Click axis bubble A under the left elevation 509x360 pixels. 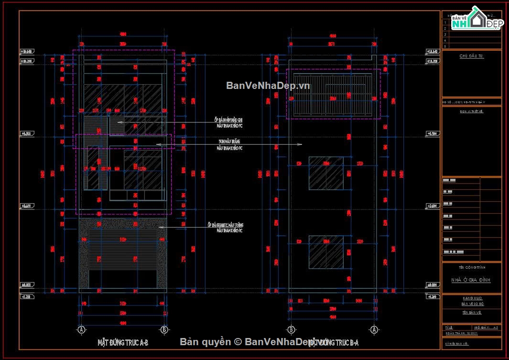[81, 329]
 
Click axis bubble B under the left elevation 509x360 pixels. [164, 329]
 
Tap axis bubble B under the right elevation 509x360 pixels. [291, 329]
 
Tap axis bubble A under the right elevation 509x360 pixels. [374, 329]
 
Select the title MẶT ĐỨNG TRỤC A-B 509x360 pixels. [123, 342]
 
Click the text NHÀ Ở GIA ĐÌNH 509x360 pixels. [471, 280]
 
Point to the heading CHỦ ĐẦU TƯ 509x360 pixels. [471, 56]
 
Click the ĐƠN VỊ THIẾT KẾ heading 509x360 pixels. [471, 111]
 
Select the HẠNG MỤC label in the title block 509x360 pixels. [471, 298]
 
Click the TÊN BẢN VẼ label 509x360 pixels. [471, 312]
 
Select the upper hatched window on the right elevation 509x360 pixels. [326, 173]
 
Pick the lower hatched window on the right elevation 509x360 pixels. [326, 252]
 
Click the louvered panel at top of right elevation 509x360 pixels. [333, 94]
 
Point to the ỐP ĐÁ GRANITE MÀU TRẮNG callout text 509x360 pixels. [225, 228]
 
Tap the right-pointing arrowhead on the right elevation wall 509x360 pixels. [300, 144]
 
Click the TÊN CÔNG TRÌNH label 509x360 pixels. [471, 268]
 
